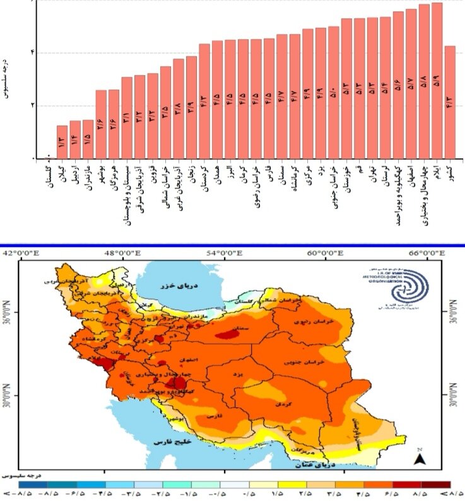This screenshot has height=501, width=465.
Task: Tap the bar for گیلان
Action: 62,142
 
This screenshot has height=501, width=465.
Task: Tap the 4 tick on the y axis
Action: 32,52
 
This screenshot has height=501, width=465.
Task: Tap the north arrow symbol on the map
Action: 419,459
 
